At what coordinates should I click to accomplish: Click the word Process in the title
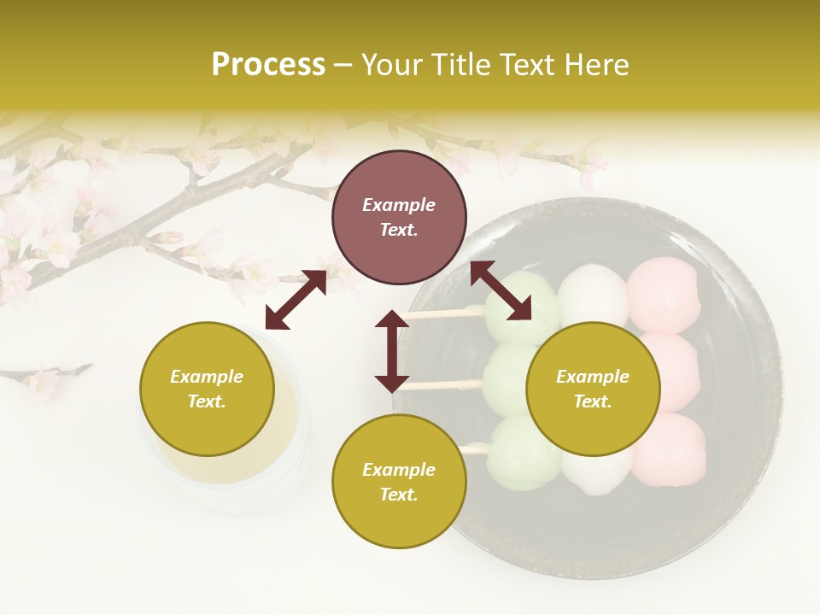point(268,65)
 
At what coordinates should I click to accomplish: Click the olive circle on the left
point(207,389)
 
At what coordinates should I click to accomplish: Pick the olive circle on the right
point(593,389)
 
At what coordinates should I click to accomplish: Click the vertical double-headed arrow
point(392,351)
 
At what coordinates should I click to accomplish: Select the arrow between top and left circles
point(296,300)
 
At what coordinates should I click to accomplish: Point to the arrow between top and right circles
point(501,291)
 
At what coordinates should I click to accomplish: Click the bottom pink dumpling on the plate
point(671,446)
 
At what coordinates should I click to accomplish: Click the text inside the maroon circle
point(399,217)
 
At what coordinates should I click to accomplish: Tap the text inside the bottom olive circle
point(399,482)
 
